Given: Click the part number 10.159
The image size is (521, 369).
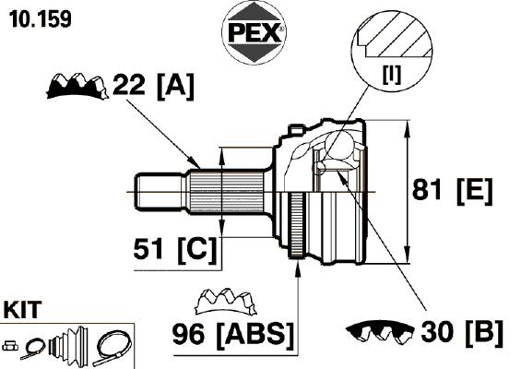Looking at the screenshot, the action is [x=41, y=19].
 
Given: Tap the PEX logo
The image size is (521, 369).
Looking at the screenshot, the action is [x=254, y=32].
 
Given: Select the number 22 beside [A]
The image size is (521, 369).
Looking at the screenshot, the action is [x=129, y=85].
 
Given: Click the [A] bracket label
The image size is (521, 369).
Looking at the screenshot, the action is [x=175, y=87].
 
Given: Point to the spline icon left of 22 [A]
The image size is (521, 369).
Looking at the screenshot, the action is [x=77, y=87].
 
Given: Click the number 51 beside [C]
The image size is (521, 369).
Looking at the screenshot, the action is [x=148, y=249].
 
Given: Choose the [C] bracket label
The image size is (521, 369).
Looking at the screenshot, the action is [x=197, y=250].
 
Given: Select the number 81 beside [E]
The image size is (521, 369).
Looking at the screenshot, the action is [x=427, y=189].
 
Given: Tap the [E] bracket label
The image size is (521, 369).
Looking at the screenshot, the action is [x=475, y=192].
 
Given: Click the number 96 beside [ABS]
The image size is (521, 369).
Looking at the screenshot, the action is [x=188, y=334].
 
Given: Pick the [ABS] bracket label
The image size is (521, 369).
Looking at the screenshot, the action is [x=255, y=336].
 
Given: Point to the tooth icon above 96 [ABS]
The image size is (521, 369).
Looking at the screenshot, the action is [x=226, y=301].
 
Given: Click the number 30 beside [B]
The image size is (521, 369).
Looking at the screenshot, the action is [x=437, y=332].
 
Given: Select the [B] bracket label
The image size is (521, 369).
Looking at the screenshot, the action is [x=484, y=333].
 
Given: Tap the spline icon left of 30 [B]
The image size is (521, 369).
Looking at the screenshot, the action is [x=380, y=331].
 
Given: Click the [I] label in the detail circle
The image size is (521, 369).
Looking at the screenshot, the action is [x=392, y=75].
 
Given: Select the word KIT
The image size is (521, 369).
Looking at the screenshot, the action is [x=23, y=310].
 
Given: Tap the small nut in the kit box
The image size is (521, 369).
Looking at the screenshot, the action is [x=10, y=346].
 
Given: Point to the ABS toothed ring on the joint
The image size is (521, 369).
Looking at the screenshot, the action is [x=297, y=225].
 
